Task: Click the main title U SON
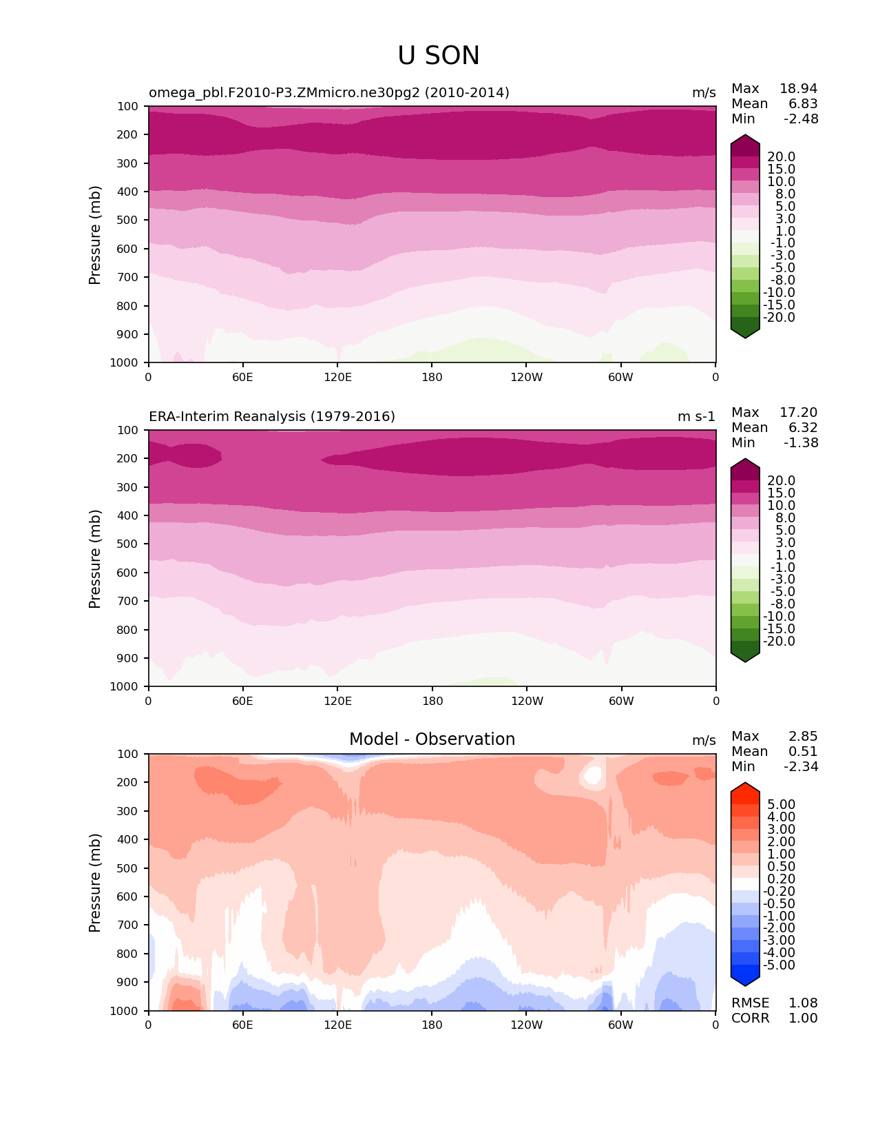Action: (x=439, y=56)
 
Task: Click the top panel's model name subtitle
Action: (x=329, y=93)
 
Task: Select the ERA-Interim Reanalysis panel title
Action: (x=272, y=417)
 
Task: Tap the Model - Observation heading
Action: (x=432, y=739)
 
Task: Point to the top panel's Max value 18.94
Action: (x=798, y=89)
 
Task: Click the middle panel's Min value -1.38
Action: (x=801, y=443)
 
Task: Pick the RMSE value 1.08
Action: (x=803, y=1003)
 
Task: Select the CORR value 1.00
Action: (x=803, y=1018)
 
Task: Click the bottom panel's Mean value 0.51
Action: (x=803, y=752)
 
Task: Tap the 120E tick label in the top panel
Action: (x=337, y=377)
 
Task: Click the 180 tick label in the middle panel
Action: (x=432, y=701)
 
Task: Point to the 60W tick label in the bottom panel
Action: (x=620, y=1025)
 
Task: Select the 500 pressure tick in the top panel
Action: (x=129, y=221)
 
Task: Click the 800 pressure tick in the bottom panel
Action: (x=129, y=954)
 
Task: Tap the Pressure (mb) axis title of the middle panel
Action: (x=95, y=558)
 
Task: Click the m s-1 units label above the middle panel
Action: (x=696, y=417)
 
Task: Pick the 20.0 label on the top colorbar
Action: (x=781, y=157)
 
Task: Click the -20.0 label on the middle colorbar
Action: (x=779, y=642)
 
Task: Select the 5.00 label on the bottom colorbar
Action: (x=781, y=805)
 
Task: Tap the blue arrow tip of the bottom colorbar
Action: (x=745, y=981)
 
